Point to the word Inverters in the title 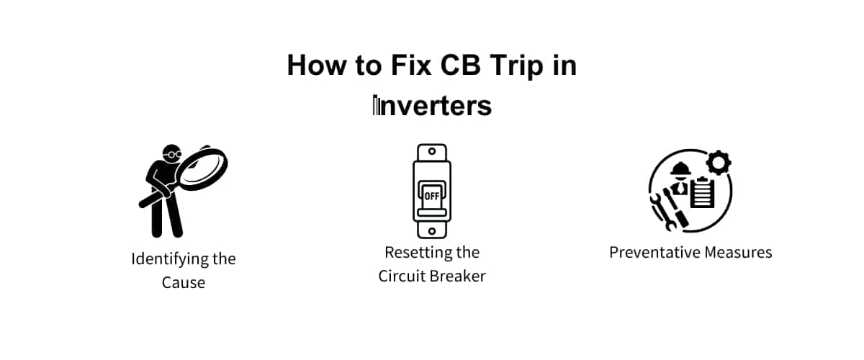(432, 106)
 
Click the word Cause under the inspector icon (184, 283)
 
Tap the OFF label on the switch (432, 195)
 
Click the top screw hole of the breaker (432, 153)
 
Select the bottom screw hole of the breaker (432, 230)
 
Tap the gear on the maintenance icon (718, 163)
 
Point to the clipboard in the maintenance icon (701, 193)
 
